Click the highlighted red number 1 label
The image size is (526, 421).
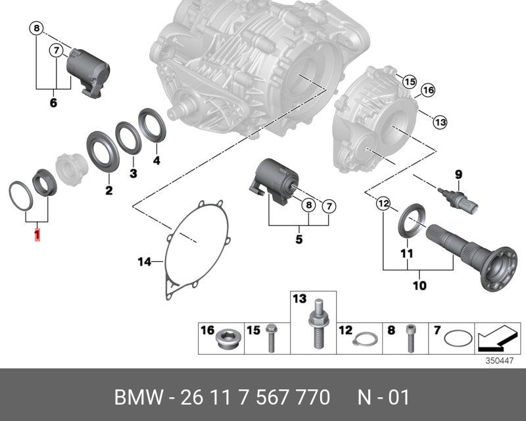coord(37,234)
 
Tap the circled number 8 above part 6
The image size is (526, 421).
coord(37,28)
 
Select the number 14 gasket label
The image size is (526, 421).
coord(144,262)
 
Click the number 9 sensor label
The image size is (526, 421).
coord(459,174)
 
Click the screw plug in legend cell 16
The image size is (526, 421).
coord(228,339)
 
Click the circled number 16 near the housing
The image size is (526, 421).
coord(428,91)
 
